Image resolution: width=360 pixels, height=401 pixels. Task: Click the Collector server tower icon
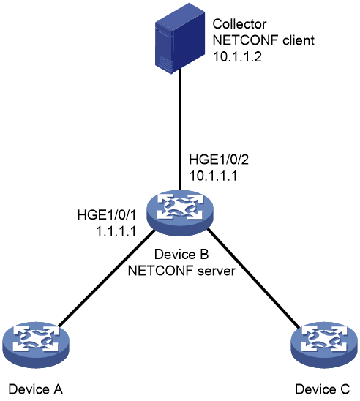coord(180,38)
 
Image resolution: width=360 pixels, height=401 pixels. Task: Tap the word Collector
coord(239,24)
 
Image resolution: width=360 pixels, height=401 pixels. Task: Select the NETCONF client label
coord(263,40)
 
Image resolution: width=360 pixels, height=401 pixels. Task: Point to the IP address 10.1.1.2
coord(237,56)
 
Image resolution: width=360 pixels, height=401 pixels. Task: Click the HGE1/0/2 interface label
coord(219,160)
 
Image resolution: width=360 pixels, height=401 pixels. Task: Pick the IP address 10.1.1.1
coord(213,176)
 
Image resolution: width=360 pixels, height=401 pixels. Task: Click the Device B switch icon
coord(180,213)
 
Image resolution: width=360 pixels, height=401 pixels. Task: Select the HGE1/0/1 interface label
coord(106,215)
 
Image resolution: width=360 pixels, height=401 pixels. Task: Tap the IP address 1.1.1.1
coord(116,231)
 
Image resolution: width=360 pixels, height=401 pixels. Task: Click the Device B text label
coord(181,254)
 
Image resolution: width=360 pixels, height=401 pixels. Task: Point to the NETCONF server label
coord(181,271)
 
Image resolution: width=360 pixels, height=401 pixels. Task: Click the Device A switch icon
coord(36,345)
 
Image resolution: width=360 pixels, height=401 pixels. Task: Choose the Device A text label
coord(36,389)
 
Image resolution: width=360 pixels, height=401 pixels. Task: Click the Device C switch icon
coord(324,345)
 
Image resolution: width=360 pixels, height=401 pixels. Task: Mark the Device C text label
coord(323,389)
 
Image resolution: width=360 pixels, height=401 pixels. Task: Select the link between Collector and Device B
coord(180,129)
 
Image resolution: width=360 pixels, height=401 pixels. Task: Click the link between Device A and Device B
coord(106,278)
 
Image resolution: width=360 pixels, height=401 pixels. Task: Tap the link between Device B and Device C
coord(253,278)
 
